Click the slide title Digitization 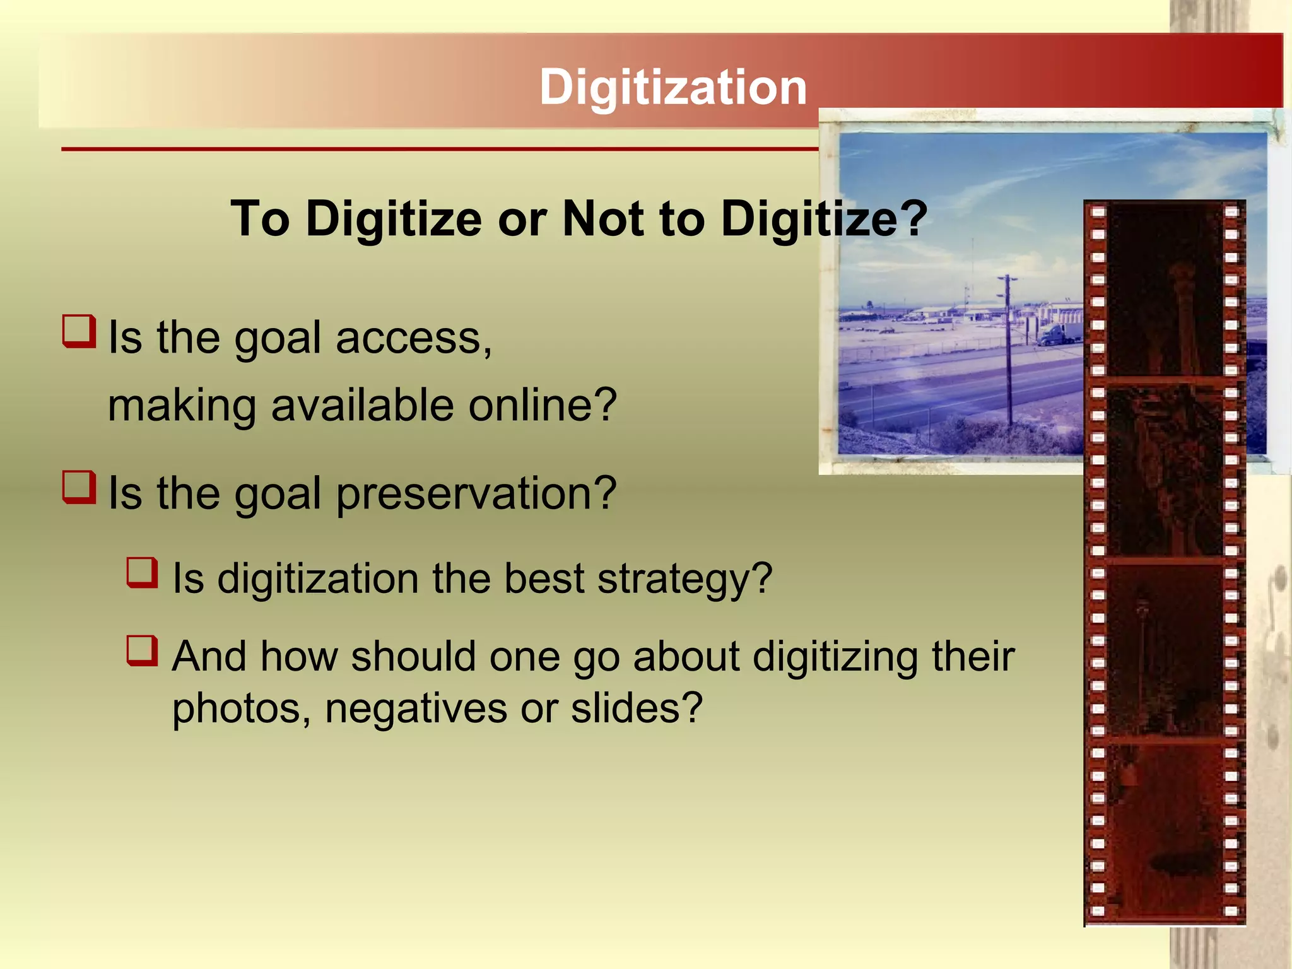(672, 87)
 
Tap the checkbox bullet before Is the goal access (79, 331)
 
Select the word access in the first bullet (413, 338)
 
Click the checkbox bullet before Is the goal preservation (79, 487)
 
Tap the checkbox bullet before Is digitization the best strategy (142, 572)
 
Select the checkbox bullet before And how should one (142, 651)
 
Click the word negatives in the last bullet (416, 708)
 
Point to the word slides (636, 708)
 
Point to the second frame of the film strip (1165, 470)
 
